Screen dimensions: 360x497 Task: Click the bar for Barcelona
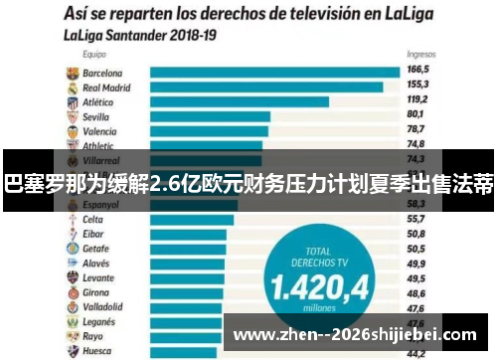click(x=273, y=73)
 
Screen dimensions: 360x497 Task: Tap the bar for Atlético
click(x=239, y=101)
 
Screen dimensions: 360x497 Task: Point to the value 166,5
click(x=417, y=72)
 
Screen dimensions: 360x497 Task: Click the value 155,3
click(x=417, y=87)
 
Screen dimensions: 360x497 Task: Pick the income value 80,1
click(x=416, y=115)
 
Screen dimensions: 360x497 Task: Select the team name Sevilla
click(x=96, y=116)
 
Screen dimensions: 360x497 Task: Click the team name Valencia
click(x=98, y=131)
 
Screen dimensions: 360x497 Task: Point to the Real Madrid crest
click(x=72, y=88)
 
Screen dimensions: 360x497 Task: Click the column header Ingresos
click(x=419, y=56)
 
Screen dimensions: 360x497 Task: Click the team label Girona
click(x=96, y=292)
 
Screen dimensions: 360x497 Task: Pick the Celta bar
click(x=193, y=219)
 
